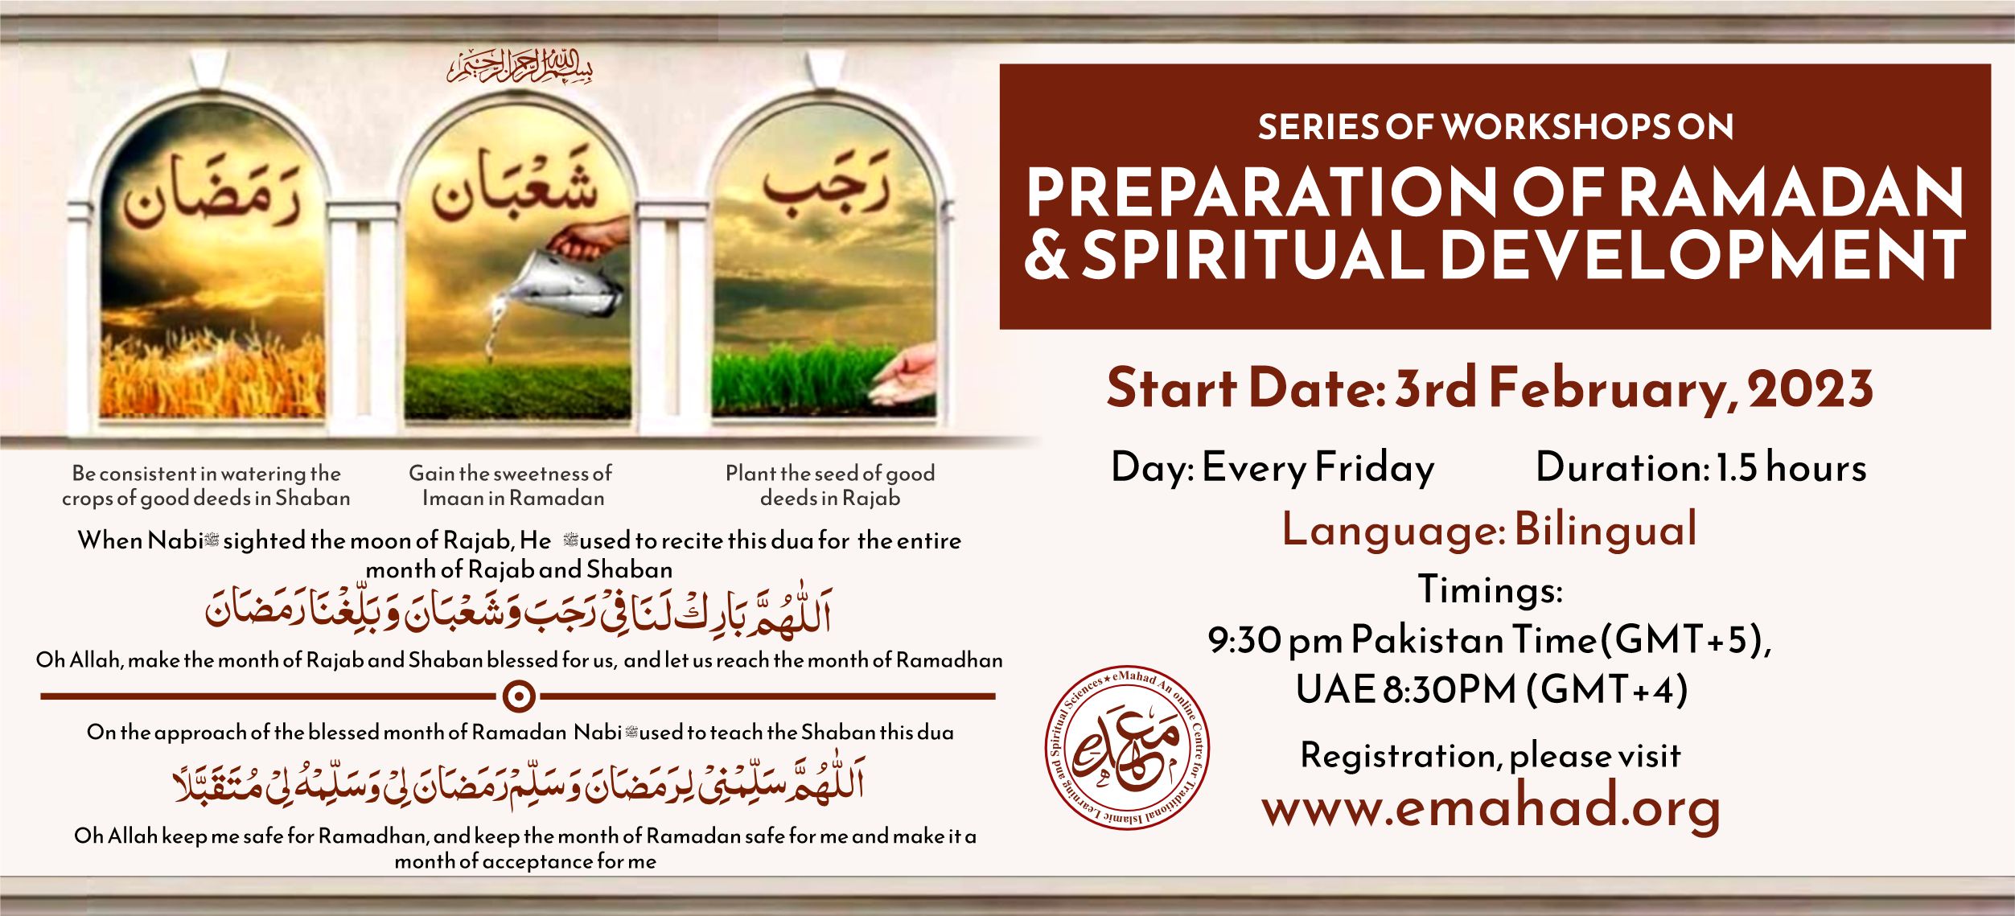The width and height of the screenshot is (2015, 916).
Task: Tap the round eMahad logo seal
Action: pos(1126,748)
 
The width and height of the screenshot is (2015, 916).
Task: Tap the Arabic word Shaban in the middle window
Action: pos(515,183)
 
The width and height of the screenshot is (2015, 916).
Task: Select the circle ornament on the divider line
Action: pos(519,696)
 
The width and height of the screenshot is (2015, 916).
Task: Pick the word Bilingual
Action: pos(1606,530)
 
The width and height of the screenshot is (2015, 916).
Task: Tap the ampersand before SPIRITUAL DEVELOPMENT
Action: pos(1047,254)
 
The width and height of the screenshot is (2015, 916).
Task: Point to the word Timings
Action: pos(1490,589)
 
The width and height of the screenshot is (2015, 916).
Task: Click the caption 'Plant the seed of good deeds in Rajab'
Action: pos(830,486)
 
